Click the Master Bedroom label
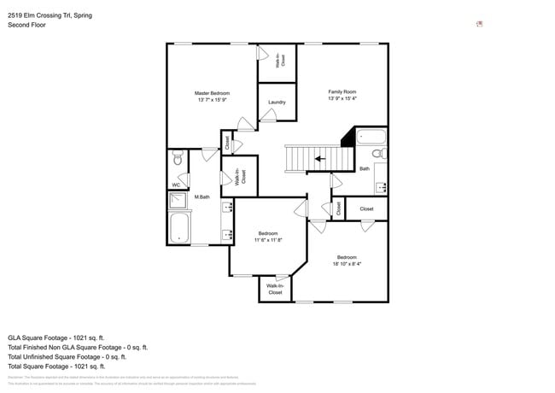pos(212,93)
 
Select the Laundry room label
pos(277,103)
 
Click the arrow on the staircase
pos(320,158)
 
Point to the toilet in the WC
pos(178,157)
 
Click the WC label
pos(176,185)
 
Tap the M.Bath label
pos(202,197)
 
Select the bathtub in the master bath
pos(180,228)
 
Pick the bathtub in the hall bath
pos(371,137)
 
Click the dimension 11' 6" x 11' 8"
pos(266,240)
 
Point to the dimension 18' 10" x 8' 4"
pos(346,264)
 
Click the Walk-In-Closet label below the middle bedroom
pos(275,289)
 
